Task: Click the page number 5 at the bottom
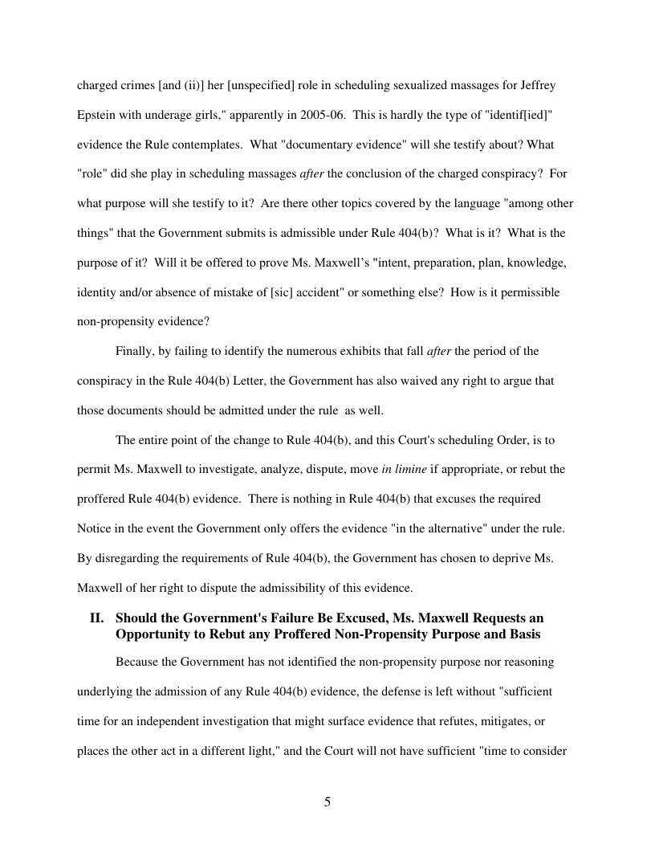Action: [x=327, y=801]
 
